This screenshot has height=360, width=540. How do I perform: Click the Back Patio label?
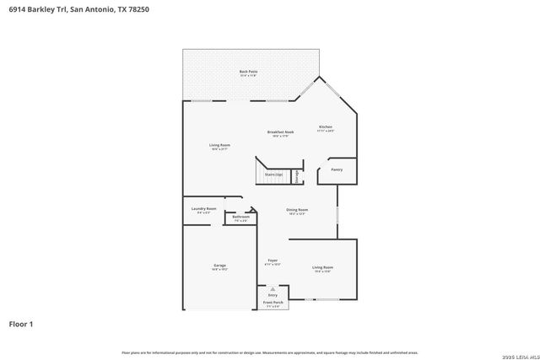click(248, 72)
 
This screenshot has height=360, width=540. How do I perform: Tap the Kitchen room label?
click(325, 127)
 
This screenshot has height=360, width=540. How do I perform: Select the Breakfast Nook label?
click(280, 132)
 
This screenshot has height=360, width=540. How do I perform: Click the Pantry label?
click(337, 169)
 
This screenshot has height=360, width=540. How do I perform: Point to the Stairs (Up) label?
click(273, 175)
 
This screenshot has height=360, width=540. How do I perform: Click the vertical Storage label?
click(297, 175)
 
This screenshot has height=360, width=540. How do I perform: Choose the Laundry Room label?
click(203, 208)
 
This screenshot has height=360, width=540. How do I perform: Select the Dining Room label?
click(297, 210)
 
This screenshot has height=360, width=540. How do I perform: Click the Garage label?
click(219, 266)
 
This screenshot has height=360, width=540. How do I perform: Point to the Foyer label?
click(273, 261)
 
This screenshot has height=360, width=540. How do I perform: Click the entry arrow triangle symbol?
click(273, 287)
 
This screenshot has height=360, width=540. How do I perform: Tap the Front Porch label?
click(273, 302)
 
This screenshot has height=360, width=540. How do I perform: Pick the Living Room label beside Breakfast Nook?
click(220, 145)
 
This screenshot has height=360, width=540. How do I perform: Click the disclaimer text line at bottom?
click(270, 352)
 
